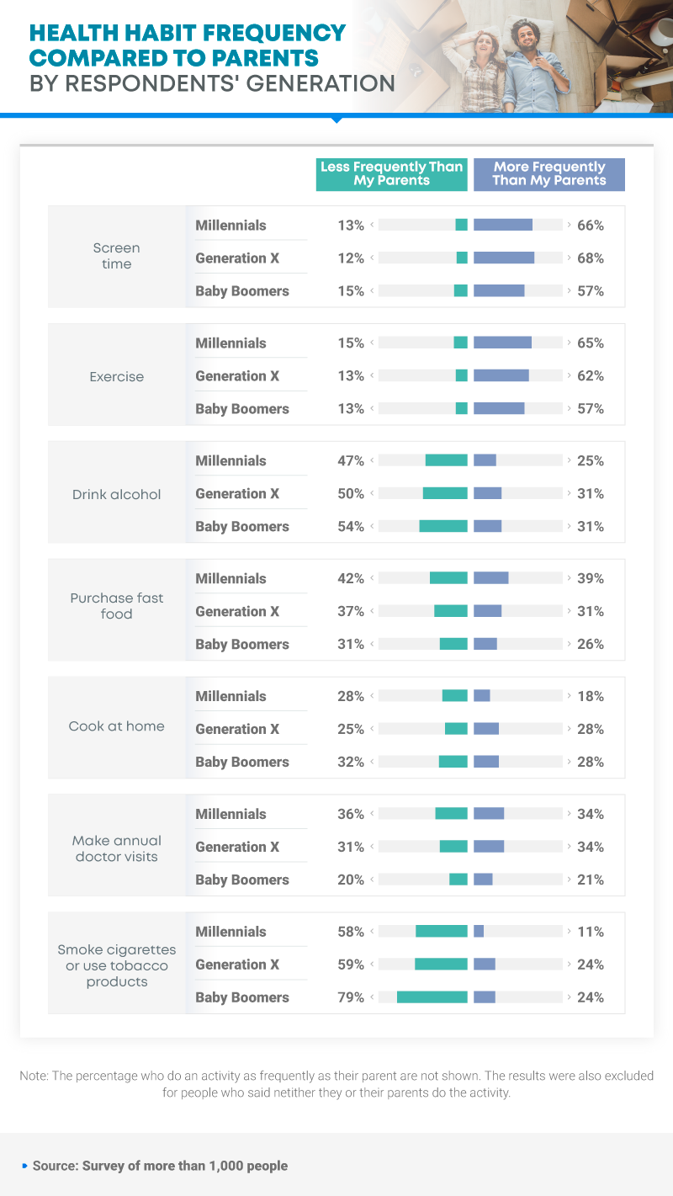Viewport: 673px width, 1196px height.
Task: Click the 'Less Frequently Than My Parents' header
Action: pos(391,174)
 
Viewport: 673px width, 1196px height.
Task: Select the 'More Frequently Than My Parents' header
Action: pos(549,174)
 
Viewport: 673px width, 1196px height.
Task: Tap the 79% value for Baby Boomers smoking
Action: pos(351,997)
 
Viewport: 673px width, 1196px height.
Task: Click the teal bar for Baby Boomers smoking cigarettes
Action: pos(432,997)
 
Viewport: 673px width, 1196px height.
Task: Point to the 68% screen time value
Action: pos(591,258)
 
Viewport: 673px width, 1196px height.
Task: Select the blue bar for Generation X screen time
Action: pos(504,258)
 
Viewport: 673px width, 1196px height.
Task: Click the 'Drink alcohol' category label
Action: pos(116,494)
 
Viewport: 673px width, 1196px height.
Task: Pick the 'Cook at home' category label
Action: pos(116,726)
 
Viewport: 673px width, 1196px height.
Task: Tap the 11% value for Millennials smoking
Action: pos(591,932)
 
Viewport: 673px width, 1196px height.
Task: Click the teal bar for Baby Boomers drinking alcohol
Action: pos(443,526)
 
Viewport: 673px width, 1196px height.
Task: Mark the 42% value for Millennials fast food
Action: pos(351,579)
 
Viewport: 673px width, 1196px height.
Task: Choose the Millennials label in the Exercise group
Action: pos(231,343)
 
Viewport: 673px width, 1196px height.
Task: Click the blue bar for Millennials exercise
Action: pos(503,343)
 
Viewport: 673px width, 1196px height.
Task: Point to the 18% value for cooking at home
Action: pos(591,696)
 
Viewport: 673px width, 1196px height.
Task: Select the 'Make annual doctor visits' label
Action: pos(116,848)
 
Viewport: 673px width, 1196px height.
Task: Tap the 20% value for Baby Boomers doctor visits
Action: pos(351,880)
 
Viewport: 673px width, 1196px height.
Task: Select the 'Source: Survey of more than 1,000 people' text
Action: pos(160,1166)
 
